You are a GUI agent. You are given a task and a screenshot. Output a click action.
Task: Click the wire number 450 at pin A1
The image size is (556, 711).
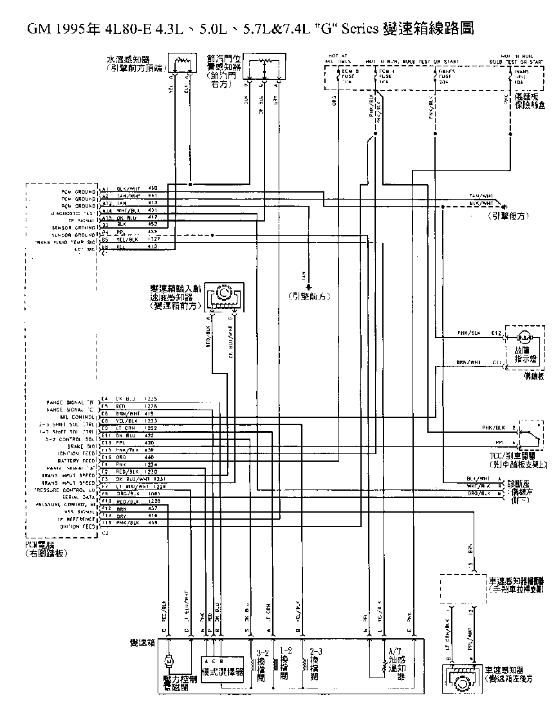[153, 187]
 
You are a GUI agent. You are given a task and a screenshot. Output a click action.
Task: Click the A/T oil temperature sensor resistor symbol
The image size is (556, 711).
[370, 663]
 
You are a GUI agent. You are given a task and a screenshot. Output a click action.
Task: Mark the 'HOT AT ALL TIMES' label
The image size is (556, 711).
[337, 59]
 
